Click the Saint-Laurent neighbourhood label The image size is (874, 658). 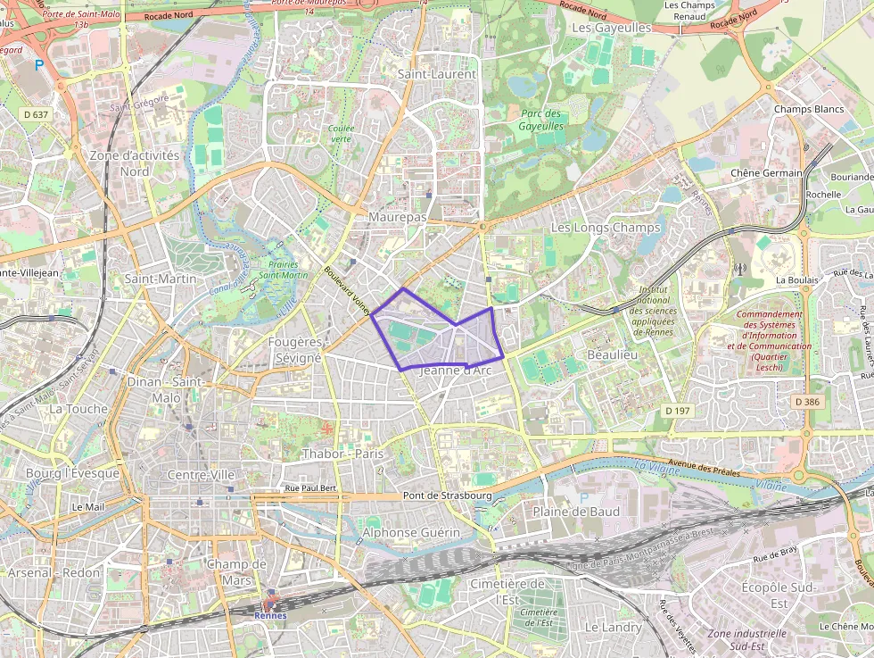coord(437,74)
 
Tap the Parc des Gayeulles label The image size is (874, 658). coord(540,120)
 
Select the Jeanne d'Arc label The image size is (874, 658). coord(455,371)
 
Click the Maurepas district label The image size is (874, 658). coord(398,217)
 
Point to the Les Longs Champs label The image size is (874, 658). coord(606,228)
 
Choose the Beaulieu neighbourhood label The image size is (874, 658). coord(613,354)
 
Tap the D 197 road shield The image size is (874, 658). coord(678,410)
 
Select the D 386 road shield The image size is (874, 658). coord(806,403)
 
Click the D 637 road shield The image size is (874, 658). coord(36,114)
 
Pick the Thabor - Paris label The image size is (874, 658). coord(342,454)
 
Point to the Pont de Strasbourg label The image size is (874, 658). coord(448,496)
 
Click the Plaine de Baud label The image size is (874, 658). coord(575,512)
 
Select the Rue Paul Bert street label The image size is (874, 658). coord(310,488)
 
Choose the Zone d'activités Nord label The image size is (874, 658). coord(135,162)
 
